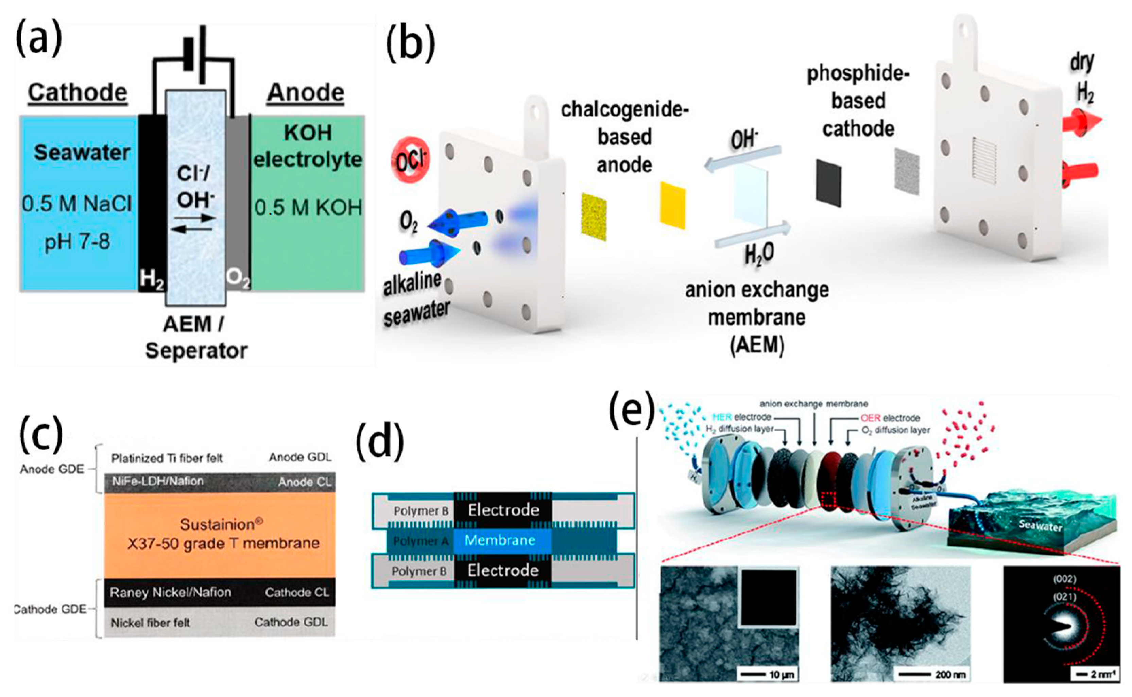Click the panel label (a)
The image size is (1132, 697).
[39, 39]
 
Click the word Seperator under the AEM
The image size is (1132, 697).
[196, 351]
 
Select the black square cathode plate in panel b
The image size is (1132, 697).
[828, 182]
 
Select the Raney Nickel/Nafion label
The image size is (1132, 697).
[171, 592]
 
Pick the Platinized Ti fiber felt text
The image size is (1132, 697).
[167, 458]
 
